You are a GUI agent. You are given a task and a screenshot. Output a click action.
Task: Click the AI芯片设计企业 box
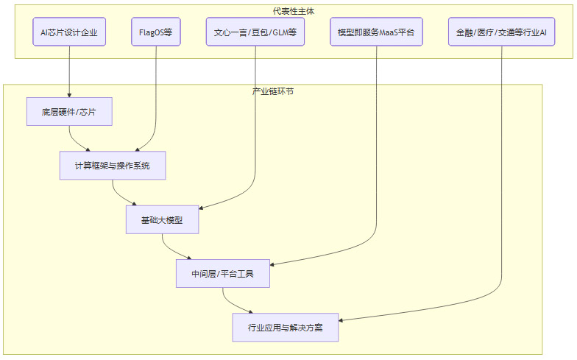69,32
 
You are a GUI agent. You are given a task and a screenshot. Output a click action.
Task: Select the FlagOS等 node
156,32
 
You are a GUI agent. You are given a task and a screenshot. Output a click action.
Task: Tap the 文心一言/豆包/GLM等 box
255,32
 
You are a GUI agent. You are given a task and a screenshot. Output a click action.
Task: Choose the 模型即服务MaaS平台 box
376,32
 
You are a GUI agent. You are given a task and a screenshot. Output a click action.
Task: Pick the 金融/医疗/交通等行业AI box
501,32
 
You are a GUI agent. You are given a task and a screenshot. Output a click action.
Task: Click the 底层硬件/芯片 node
69,112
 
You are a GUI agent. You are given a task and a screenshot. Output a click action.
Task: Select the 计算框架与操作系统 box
113,166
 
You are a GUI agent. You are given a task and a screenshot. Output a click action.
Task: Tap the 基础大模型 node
162,219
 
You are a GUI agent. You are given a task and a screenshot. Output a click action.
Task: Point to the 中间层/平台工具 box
223,273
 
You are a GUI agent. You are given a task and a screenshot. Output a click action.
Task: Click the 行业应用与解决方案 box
286,327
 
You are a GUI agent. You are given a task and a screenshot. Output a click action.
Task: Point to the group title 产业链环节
273,91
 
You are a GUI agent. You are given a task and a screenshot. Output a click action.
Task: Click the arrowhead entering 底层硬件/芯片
69,95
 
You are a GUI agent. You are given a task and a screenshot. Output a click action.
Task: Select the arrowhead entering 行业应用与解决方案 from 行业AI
341,319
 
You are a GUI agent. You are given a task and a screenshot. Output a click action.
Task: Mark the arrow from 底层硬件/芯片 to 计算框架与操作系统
71,138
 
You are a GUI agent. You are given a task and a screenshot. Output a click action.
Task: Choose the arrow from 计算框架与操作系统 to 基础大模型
115,192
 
